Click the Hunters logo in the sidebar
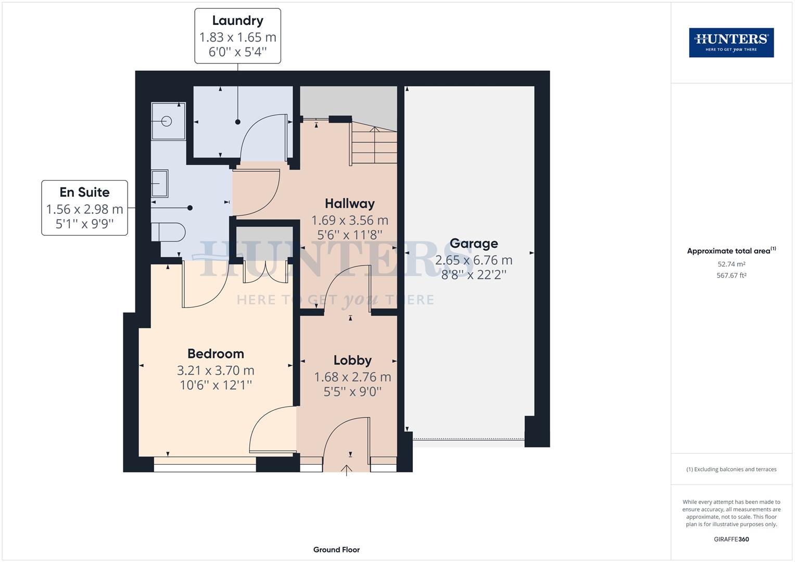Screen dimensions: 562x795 tap(731, 43)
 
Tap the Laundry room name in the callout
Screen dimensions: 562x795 tap(237, 21)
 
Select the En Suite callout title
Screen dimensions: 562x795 tap(84, 193)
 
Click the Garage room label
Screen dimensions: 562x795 tap(474, 244)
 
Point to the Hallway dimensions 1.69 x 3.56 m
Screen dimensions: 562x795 tap(349, 220)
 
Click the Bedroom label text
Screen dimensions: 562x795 tap(216, 354)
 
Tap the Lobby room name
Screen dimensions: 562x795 tap(352, 360)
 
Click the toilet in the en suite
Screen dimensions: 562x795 tap(168, 232)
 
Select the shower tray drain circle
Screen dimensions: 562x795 tap(167, 121)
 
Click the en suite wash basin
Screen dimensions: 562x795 tap(160, 184)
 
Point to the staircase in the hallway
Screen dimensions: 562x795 tap(374, 143)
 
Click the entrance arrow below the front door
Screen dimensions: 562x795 tap(347, 470)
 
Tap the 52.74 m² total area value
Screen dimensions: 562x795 tap(731, 264)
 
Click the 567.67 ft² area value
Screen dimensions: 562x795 tap(731, 276)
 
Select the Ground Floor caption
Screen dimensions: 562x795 tap(336, 550)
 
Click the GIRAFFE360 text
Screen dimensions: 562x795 tap(731, 539)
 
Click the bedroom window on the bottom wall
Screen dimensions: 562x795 tap(205, 464)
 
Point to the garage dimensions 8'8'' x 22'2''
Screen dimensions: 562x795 tap(474, 275)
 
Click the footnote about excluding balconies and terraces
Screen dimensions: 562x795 tap(731, 469)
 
